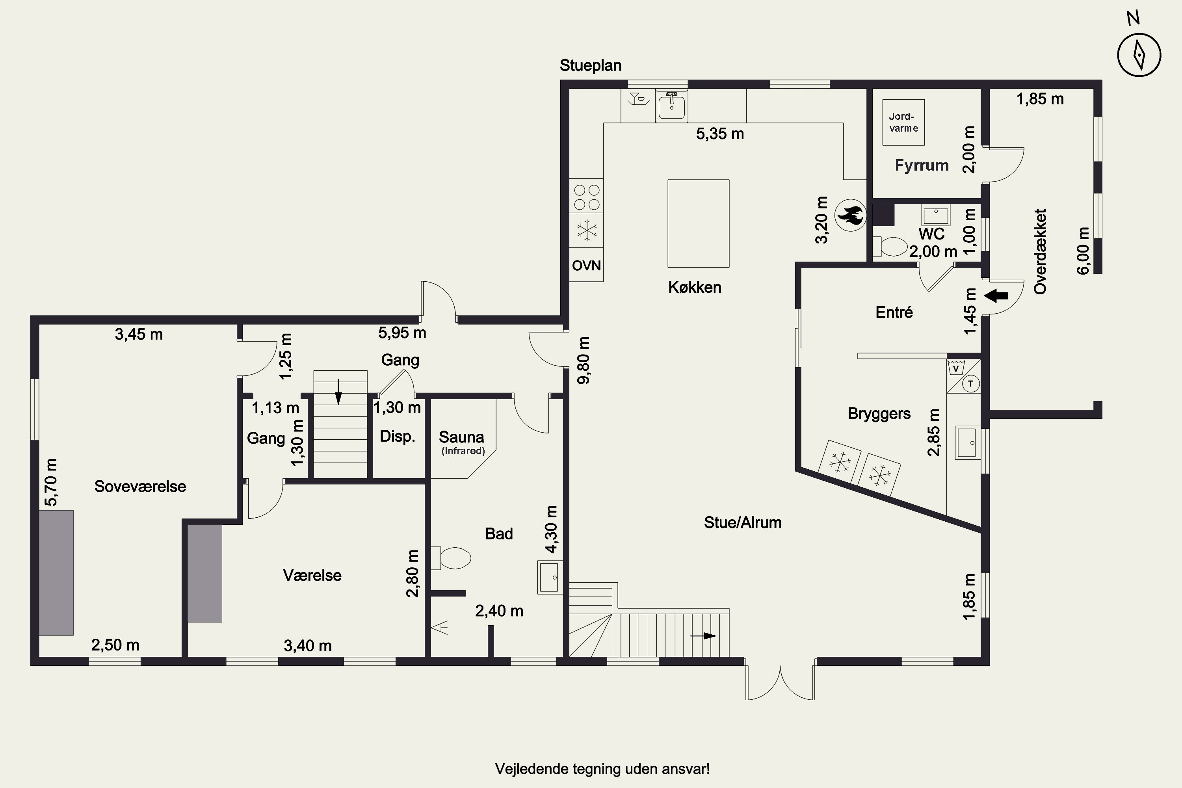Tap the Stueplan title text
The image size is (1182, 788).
(591, 65)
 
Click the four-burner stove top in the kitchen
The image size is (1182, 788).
(587, 197)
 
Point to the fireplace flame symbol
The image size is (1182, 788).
(851, 215)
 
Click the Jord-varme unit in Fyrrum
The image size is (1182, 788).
(903, 123)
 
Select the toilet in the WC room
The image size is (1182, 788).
(890, 247)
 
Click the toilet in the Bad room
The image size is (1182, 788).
(451, 558)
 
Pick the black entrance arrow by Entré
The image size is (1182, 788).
(996, 296)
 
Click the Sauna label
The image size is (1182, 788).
(461, 437)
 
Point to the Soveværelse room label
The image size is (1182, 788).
(140, 487)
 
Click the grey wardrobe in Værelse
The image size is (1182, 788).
(205, 573)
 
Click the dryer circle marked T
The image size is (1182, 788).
(970, 384)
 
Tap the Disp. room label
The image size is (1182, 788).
(398, 436)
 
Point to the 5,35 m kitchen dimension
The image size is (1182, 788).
(720, 134)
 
